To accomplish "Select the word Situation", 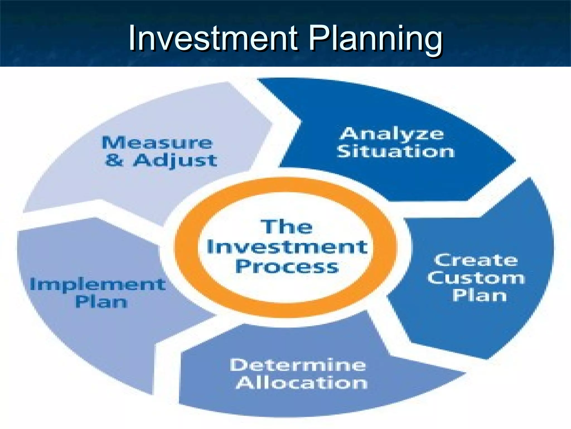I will (x=395, y=152).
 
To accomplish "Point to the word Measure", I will (x=157, y=143).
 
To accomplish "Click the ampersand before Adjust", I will (x=114, y=160).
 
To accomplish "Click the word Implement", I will (x=98, y=285).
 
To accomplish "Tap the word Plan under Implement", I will (x=101, y=302).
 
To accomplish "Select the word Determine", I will (x=298, y=365).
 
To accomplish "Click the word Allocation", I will (x=302, y=383).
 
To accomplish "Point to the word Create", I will (x=476, y=260).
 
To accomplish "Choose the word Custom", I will (x=476, y=278).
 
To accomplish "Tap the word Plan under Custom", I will (x=479, y=295).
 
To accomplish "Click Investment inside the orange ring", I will (x=287, y=247).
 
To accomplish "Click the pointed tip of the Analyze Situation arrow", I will (x=514, y=161).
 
